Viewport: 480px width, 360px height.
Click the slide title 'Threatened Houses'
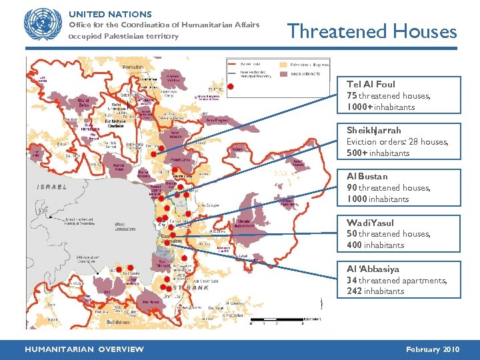tap(371, 31)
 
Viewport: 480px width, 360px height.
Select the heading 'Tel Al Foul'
tap(371, 84)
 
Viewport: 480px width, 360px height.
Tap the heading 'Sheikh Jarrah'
tap(373, 130)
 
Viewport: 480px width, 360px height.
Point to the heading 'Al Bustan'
tap(367, 176)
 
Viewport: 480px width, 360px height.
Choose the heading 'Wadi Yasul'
tap(370, 222)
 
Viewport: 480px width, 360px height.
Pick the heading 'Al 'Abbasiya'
tap(373, 269)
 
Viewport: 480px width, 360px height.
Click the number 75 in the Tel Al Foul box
tap(351, 96)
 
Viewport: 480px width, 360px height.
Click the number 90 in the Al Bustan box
tap(351, 188)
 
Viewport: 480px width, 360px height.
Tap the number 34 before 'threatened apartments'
tap(351, 280)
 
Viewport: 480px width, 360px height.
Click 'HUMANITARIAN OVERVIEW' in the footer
tap(84, 349)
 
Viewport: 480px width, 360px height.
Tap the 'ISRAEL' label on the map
tap(52, 187)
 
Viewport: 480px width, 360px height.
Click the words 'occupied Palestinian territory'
tap(124, 36)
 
